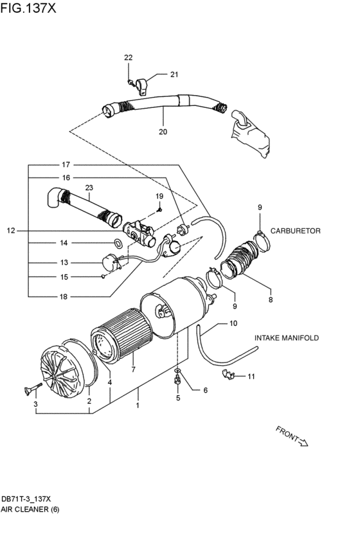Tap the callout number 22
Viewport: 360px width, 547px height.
pyautogui.click(x=129, y=58)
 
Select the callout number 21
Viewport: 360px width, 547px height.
pyautogui.click(x=174, y=75)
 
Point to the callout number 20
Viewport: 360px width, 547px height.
pyautogui.click(x=163, y=131)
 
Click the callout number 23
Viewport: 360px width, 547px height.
pyautogui.click(x=89, y=188)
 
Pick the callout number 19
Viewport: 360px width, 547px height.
pyautogui.click(x=159, y=196)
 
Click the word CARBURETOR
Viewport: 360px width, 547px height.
pyautogui.click(x=295, y=230)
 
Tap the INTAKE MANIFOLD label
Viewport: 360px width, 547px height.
pyautogui.click(x=286, y=337)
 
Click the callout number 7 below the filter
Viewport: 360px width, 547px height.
pyautogui.click(x=133, y=369)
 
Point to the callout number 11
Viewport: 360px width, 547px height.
pyautogui.click(x=251, y=376)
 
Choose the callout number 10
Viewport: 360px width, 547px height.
pyautogui.click(x=233, y=323)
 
